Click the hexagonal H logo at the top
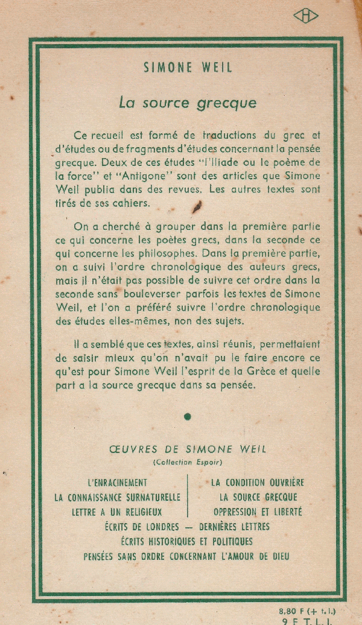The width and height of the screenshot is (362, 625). tap(306, 16)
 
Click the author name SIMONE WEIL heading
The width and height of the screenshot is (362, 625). tap(188, 68)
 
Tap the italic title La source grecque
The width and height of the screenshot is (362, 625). tap(188, 103)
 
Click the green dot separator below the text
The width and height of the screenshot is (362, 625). tap(188, 416)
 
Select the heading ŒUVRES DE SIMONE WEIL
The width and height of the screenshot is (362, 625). tap(188, 449)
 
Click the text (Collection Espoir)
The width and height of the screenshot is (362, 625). tap(188, 462)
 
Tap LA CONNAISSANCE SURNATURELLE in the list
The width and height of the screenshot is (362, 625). tap(118, 498)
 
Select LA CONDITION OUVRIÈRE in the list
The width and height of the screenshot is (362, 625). tap(258, 483)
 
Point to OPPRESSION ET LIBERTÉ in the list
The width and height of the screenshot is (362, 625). tap(258, 512)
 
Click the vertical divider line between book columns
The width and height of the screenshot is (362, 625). tap(188, 497)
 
